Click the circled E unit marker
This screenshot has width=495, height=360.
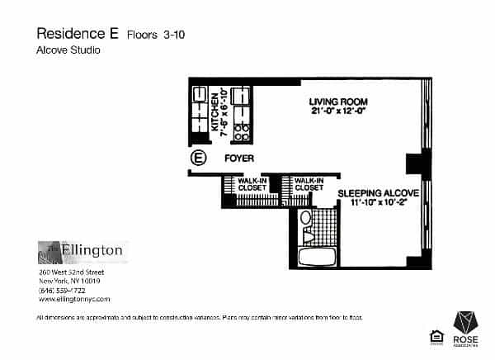point(198,158)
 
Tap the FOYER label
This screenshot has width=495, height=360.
point(238,158)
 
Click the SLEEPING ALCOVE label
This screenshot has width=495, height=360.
point(379,192)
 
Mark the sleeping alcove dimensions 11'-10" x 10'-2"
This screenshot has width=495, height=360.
point(379,201)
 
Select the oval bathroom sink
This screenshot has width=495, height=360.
point(305,218)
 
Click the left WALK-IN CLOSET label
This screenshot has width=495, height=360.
point(251,184)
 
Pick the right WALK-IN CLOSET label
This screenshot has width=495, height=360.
point(308,184)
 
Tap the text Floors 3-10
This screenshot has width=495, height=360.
point(156,35)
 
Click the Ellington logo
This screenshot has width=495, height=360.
point(81,249)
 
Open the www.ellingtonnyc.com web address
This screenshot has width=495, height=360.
point(74,299)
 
